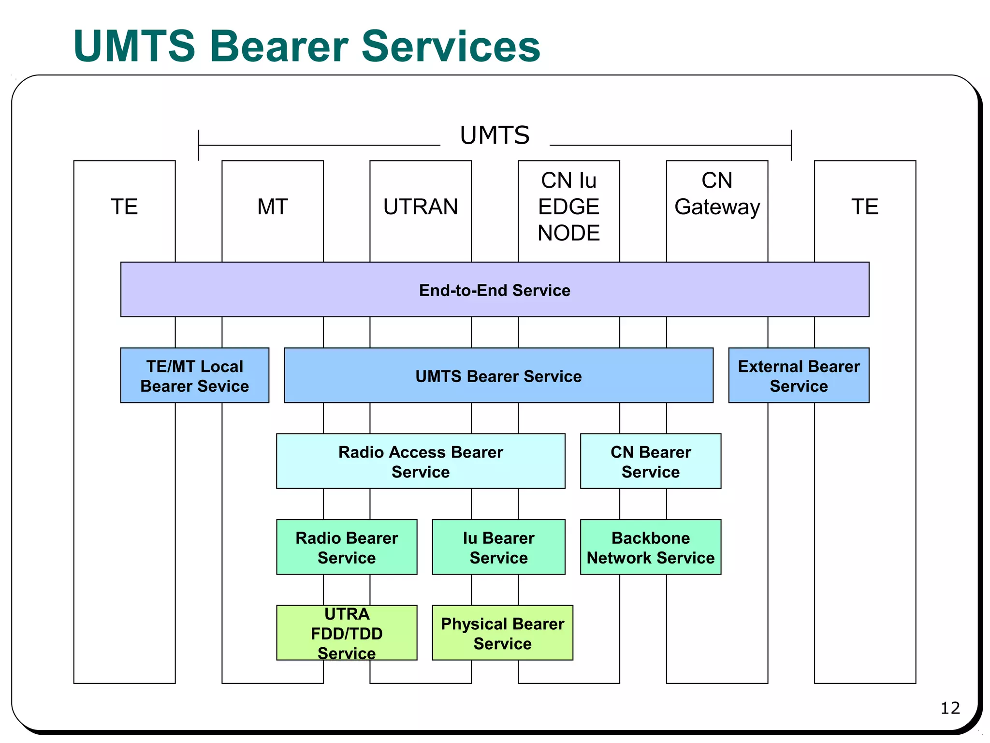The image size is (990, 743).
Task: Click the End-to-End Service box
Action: (x=495, y=290)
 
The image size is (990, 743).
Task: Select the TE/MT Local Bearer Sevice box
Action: (x=194, y=375)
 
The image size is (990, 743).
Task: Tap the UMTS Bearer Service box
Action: (x=498, y=376)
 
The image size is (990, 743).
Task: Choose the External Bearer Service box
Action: (x=799, y=375)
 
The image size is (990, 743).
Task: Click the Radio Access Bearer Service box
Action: (x=421, y=461)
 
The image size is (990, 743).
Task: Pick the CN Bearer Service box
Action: (x=650, y=461)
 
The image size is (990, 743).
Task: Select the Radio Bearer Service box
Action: (x=347, y=547)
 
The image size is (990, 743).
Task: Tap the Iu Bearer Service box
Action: (x=498, y=547)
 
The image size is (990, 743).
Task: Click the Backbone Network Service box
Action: (x=650, y=547)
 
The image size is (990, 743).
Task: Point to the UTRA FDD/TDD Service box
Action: (x=347, y=633)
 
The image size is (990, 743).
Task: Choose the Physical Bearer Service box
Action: (x=502, y=633)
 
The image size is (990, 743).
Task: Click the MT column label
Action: (x=273, y=207)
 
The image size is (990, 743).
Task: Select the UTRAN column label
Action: (x=421, y=207)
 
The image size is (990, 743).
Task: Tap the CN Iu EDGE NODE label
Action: (x=568, y=207)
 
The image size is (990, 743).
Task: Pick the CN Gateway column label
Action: (x=717, y=193)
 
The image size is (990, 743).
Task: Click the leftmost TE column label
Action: (x=124, y=207)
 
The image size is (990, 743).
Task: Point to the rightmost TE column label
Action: (x=865, y=207)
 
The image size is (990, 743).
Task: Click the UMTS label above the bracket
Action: (x=495, y=135)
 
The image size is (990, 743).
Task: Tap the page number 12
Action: (x=950, y=708)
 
